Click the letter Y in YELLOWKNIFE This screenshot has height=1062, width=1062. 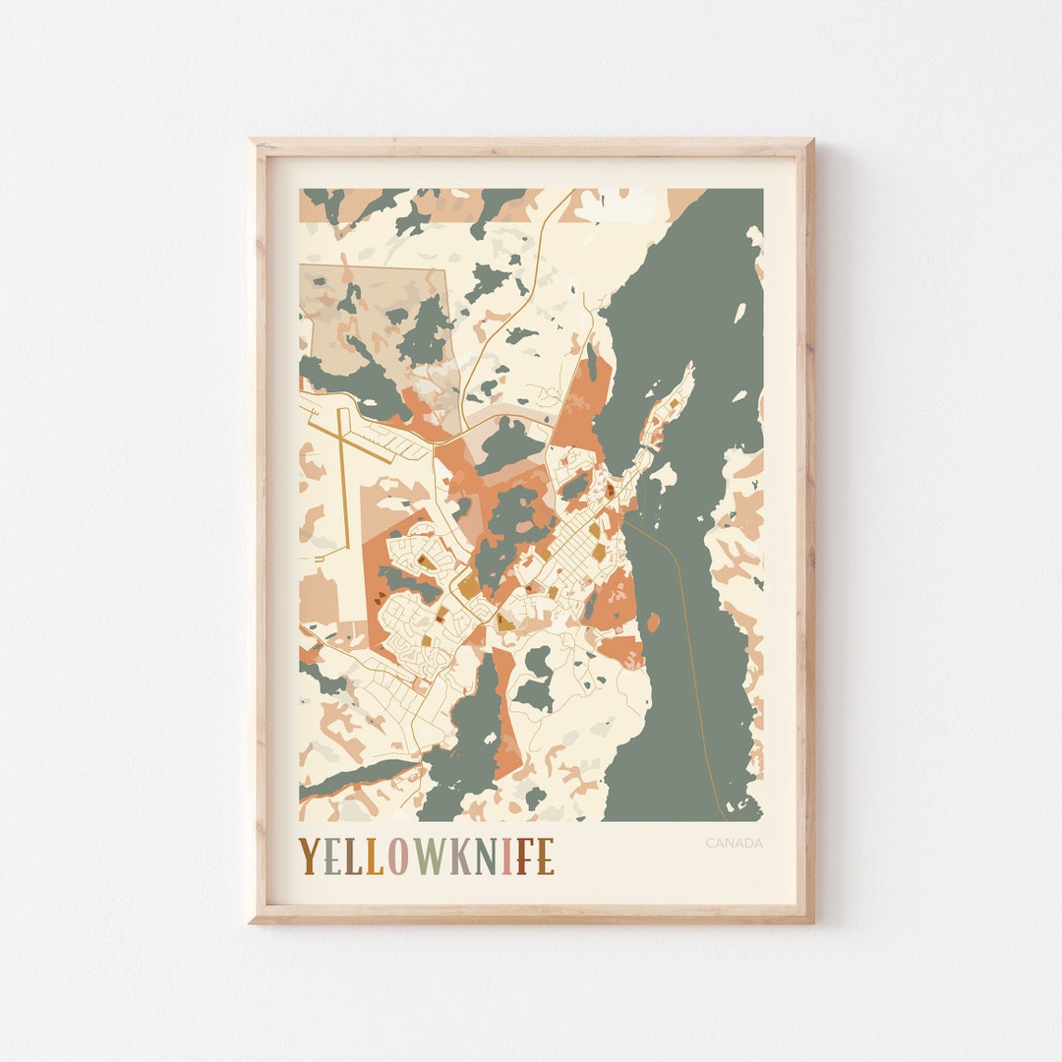pyautogui.click(x=309, y=855)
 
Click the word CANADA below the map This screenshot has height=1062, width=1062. pyautogui.click(x=734, y=843)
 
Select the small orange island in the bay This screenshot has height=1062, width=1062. pyautogui.click(x=653, y=622)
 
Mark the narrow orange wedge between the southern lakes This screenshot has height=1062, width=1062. pyautogui.click(x=503, y=718)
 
